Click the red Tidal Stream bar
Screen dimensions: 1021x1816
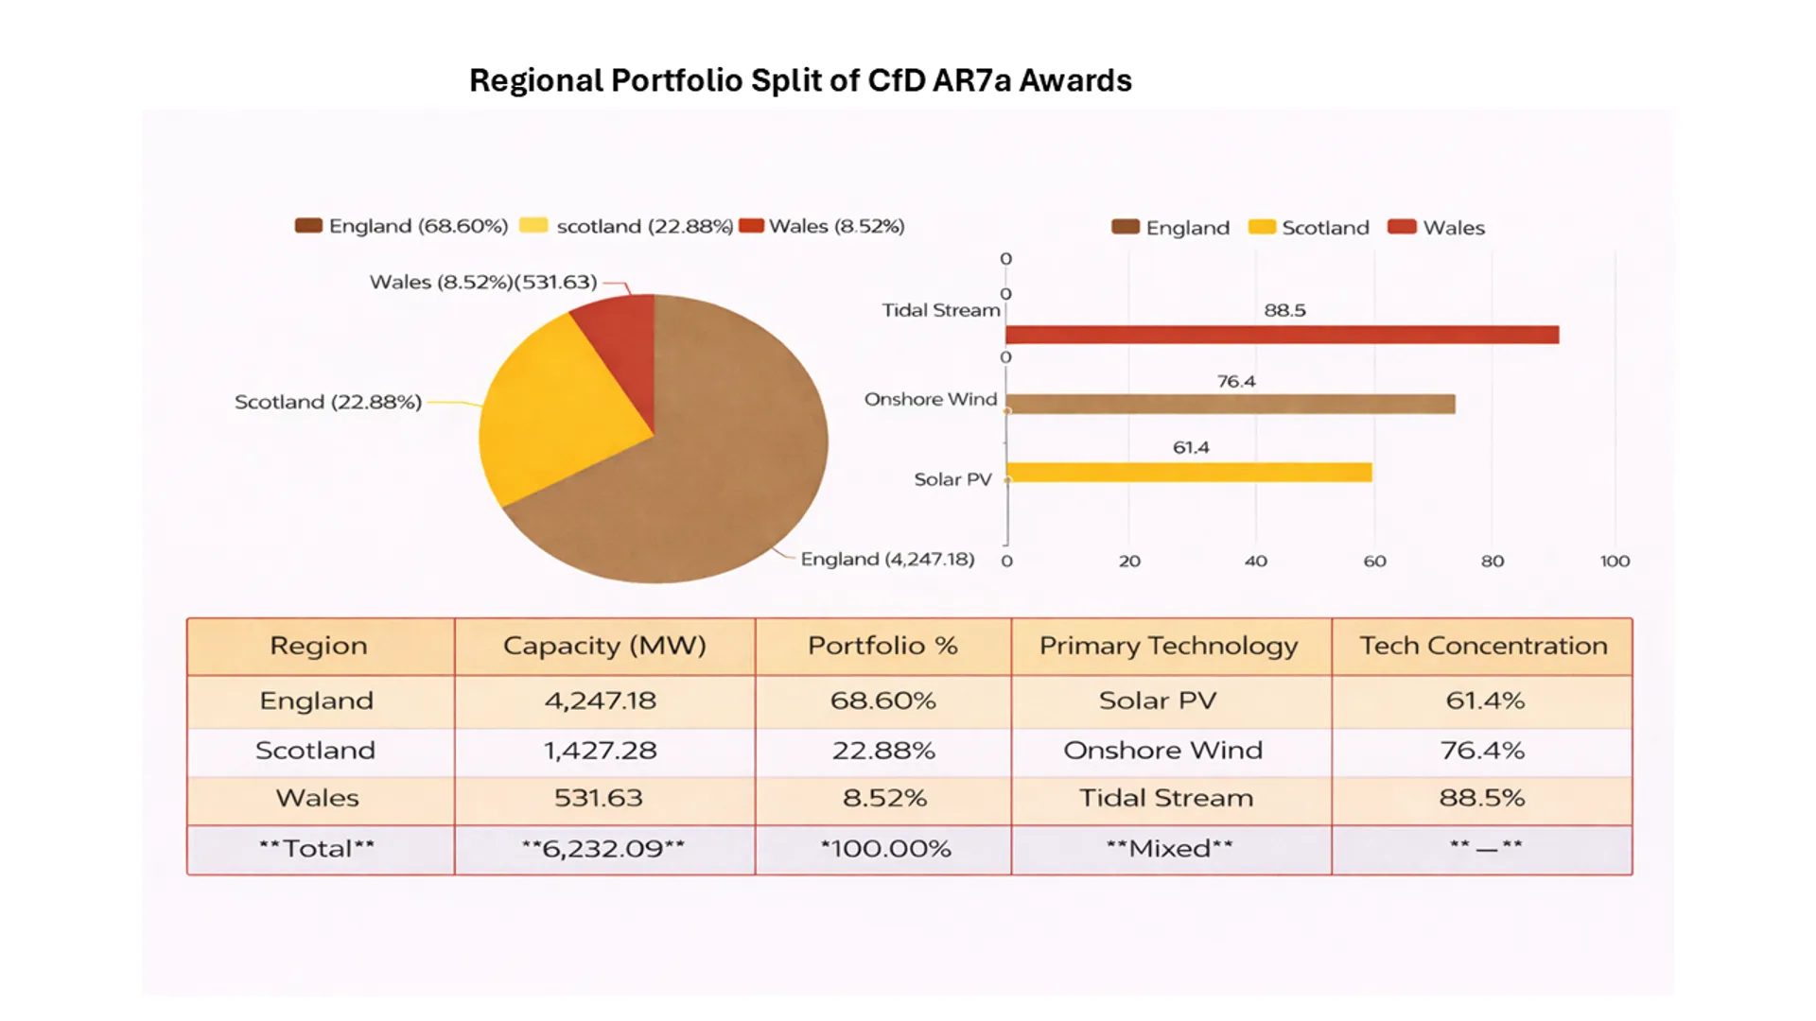[1282, 335]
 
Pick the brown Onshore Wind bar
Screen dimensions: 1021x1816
[1230, 405]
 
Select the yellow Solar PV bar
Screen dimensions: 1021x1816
[1189, 472]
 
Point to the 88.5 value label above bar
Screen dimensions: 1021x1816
[1284, 310]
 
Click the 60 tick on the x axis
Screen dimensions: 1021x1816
[1374, 561]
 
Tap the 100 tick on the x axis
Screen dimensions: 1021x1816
[1615, 561]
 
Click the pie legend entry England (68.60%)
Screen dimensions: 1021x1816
[402, 226]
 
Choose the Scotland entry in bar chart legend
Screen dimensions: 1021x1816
[1309, 228]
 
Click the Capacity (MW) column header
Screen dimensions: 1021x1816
[604, 646]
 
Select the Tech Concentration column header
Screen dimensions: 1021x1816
[1482, 646]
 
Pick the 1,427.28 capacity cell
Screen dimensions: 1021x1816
[600, 751]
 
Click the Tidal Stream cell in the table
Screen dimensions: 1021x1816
[1166, 798]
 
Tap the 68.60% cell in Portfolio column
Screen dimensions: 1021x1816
[882, 701]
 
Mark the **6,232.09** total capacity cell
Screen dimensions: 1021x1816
[603, 849]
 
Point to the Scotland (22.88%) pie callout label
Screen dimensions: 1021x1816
[327, 402]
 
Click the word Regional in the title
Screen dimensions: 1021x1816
[535, 81]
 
